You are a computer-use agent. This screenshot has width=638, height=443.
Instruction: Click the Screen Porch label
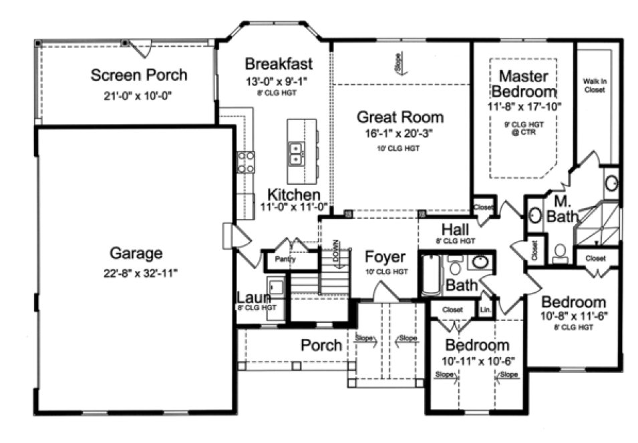(138, 75)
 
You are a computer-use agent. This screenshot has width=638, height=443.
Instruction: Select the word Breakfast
(278, 64)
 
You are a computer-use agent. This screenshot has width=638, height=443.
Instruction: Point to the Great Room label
(400, 117)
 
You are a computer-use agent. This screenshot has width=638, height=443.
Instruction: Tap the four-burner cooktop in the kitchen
(246, 162)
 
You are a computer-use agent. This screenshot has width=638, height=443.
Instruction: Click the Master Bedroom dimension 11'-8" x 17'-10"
(524, 105)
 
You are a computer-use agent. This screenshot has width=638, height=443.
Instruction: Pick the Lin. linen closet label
(486, 310)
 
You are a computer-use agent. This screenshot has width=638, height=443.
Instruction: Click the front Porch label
(321, 345)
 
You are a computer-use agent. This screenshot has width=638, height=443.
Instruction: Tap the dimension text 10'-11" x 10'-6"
(477, 361)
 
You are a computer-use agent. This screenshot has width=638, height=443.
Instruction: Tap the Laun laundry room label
(253, 297)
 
